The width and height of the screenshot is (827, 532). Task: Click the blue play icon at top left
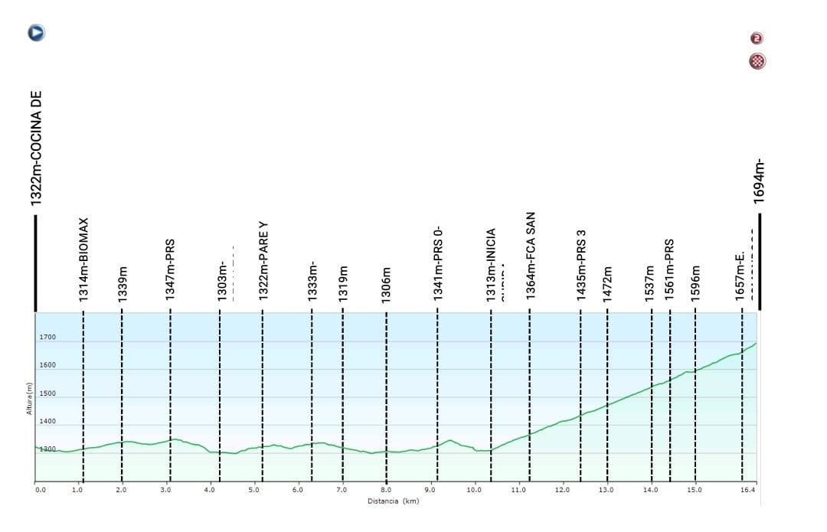coord(36,33)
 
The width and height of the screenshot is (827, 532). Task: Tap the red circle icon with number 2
coord(757,38)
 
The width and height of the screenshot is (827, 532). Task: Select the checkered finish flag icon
coord(757,61)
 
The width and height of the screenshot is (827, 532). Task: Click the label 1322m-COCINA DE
coord(35,149)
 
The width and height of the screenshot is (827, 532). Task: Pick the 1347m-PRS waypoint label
coord(171,269)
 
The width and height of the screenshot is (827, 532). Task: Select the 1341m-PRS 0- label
coord(439,262)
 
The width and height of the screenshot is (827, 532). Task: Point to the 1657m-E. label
coord(740,278)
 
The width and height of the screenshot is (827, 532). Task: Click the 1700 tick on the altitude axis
coord(47,338)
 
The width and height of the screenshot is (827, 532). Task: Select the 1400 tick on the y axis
coord(47,422)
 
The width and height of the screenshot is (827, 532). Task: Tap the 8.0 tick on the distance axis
coord(387,489)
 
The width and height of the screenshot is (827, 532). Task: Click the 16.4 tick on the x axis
coord(749,489)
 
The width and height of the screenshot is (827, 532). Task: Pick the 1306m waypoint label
coord(387,283)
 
